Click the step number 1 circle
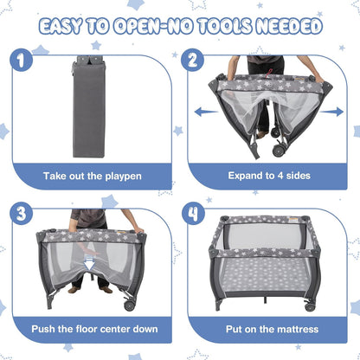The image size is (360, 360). click(x=21, y=60)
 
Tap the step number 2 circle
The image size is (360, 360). click(x=192, y=60)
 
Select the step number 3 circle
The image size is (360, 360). click(x=21, y=214)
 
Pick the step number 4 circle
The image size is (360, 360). click(x=193, y=214)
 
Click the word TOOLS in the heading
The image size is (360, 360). click(x=225, y=26)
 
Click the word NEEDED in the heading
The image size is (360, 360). click(x=289, y=26)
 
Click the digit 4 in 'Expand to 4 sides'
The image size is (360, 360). click(x=280, y=176)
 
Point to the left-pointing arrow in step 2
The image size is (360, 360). click(x=206, y=112)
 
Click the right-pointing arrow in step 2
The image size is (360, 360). click(x=331, y=112)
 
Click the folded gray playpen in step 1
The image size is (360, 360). click(x=88, y=106)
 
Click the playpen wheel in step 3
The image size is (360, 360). click(x=130, y=305)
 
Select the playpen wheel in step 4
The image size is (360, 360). click(x=310, y=306)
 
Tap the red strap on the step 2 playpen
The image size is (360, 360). click(x=269, y=73)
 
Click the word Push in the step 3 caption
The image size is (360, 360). click(x=42, y=329)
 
